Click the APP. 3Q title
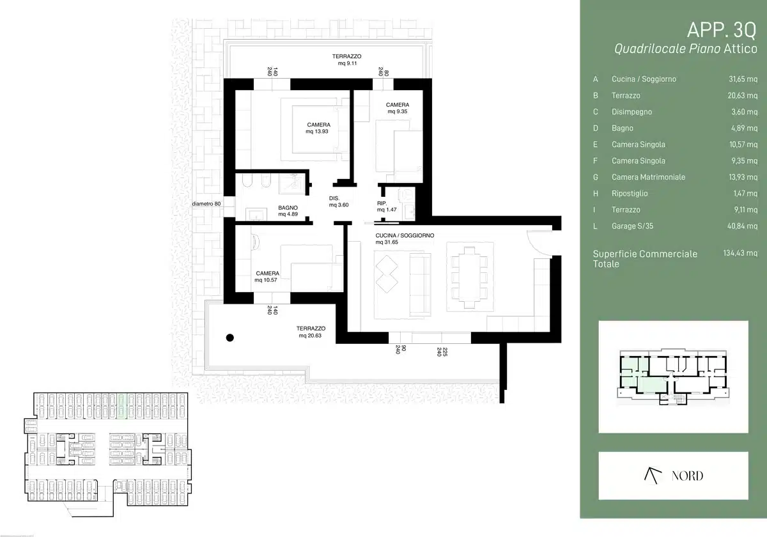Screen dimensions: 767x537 [x=722, y=30]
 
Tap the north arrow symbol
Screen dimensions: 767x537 [x=653, y=476]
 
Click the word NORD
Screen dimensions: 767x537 [x=687, y=476]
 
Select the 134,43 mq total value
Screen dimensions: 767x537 [x=740, y=253]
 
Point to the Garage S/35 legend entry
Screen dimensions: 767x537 [x=632, y=226]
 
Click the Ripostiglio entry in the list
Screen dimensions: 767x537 [x=630, y=194]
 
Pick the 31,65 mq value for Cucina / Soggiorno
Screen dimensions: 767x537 [x=743, y=79]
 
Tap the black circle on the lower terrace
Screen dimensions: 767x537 [x=230, y=338]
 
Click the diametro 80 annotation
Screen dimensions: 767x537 [x=206, y=204]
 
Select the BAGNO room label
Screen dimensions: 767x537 [x=288, y=208]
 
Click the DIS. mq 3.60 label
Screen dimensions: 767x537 [x=339, y=202]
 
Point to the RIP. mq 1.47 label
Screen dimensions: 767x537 [x=387, y=206]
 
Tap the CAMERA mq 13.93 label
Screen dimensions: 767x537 [x=318, y=128]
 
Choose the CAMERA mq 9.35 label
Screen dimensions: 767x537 [x=398, y=108]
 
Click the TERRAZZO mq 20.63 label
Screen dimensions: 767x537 [x=311, y=332]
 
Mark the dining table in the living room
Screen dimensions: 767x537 [x=470, y=277]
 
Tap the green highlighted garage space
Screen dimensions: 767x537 [x=122, y=406]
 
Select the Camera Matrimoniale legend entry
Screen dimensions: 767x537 [x=648, y=177]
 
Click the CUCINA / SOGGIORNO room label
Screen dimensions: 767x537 [x=405, y=236]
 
